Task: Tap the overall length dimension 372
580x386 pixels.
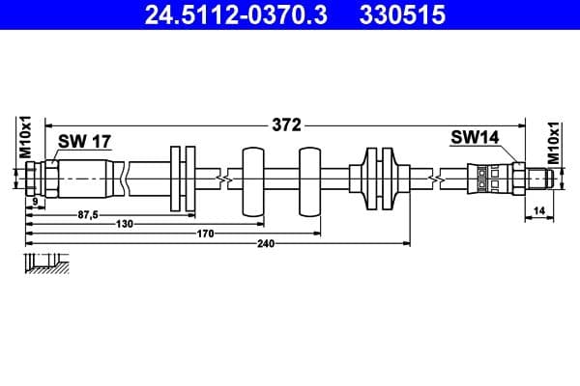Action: pos(287,124)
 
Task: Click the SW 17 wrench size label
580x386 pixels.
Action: pos(84,142)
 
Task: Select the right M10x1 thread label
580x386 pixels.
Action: pos(554,142)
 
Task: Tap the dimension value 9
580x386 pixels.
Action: pos(34,201)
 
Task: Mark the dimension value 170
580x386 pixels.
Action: pos(205,233)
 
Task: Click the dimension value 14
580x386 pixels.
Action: pos(538,210)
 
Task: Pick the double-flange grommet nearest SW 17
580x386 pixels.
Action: pos(183,179)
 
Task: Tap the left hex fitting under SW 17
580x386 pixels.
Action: pos(36,179)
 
